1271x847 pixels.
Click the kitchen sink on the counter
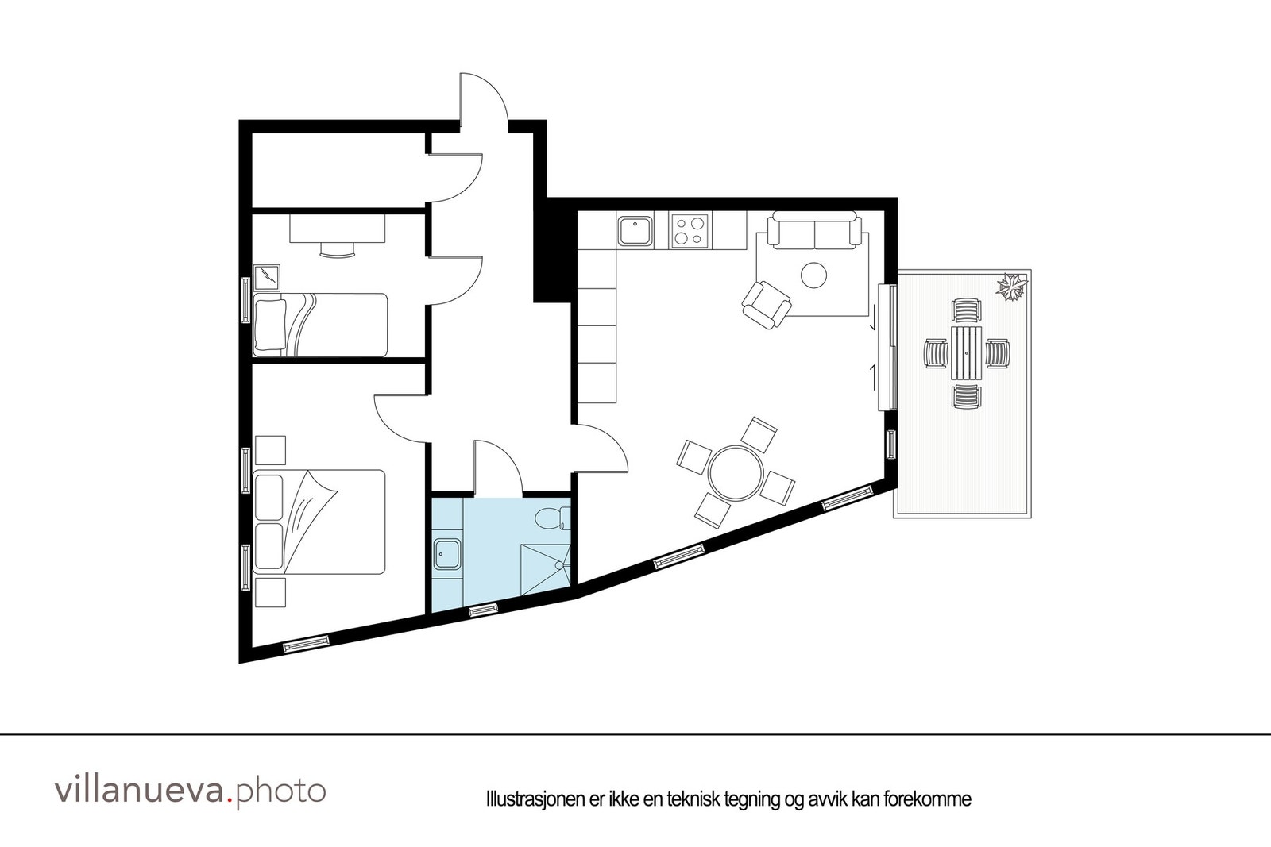coord(635,231)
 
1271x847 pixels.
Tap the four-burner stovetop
coord(690,231)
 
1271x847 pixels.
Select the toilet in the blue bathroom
coord(551,519)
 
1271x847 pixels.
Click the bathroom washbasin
coord(448,553)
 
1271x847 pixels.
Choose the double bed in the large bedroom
coord(319,522)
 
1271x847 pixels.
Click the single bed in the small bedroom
coord(320,324)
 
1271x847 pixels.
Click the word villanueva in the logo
coord(140,791)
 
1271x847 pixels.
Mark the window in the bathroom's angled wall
coord(482,610)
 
